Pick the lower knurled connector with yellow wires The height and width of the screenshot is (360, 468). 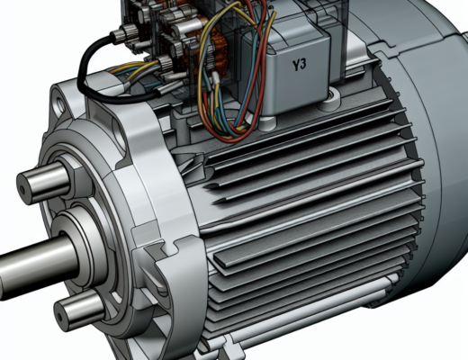tap(171, 67)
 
